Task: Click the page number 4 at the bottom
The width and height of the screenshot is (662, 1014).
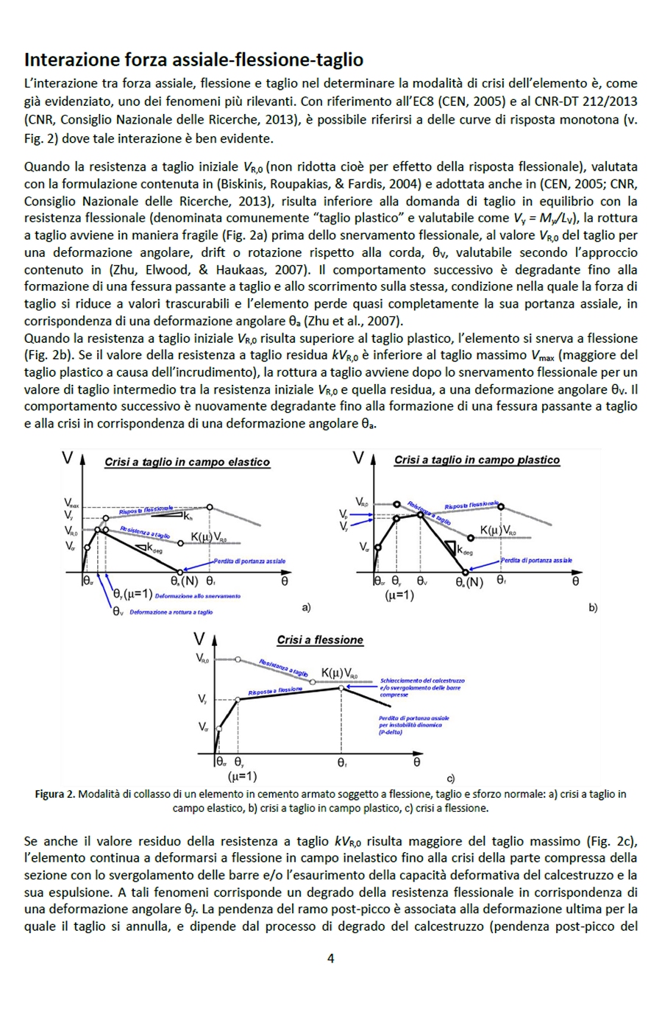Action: click(330, 958)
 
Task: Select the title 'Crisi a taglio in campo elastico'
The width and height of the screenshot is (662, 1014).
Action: click(187, 462)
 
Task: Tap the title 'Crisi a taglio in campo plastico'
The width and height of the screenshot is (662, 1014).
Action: click(477, 460)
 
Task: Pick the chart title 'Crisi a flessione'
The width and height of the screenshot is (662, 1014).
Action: click(319, 640)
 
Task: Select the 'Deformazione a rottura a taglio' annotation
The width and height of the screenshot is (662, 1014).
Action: click(171, 612)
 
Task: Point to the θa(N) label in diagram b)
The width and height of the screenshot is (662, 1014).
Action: click(469, 581)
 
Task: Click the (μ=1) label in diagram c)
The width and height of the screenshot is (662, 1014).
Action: click(242, 776)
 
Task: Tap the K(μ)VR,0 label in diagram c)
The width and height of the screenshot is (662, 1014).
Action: click(339, 673)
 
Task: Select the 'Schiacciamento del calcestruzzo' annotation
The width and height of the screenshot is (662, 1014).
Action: click(422, 681)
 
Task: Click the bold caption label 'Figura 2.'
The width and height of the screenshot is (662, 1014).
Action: click(54, 794)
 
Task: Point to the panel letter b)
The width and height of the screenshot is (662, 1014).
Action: click(593, 608)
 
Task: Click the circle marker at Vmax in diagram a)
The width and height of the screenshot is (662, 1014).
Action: click(210, 507)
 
